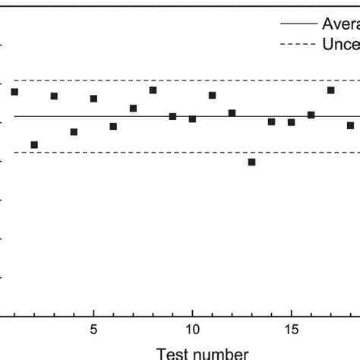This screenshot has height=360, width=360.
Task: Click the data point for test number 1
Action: (14, 92)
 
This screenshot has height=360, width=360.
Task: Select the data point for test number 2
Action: (34, 144)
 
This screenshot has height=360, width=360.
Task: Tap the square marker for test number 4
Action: (74, 131)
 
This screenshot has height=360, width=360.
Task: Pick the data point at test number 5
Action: (93, 99)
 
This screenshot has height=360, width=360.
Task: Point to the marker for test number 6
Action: (113, 126)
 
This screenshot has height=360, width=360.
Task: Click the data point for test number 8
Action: (153, 90)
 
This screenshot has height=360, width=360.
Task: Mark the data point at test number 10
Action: (192, 119)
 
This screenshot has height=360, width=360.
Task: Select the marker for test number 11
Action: (212, 95)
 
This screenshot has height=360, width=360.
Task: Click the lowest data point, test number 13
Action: (251, 162)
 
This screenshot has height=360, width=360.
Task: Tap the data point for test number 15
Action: (291, 122)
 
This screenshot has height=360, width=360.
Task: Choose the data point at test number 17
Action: (330, 90)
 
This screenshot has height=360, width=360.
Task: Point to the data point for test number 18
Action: (350, 125)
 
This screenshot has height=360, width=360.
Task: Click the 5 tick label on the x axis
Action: (93, 330)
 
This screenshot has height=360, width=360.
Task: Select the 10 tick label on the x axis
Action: (192, 330)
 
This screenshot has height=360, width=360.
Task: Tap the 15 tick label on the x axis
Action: (291, 330)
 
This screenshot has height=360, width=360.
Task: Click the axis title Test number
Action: (202, 352)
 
